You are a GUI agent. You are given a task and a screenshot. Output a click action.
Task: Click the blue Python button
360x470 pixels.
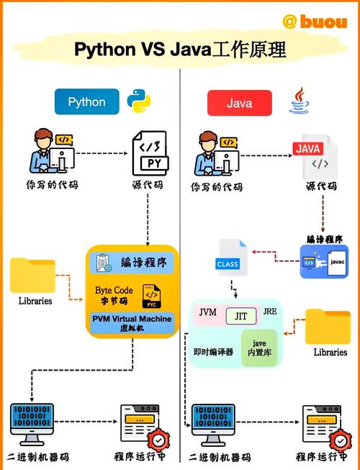click(86, 102)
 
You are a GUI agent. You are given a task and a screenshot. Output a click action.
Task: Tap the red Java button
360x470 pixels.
click(239, 103)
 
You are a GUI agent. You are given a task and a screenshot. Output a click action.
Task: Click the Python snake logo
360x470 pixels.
click(139, 102)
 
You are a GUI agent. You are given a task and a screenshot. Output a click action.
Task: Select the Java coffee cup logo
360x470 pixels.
click(300, 101)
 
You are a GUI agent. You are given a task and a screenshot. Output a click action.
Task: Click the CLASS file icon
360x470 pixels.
click(229, 261)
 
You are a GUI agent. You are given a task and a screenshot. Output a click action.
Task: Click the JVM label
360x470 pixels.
click(207, 312)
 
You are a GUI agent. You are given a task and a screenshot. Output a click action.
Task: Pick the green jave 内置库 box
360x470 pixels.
click(258, 348)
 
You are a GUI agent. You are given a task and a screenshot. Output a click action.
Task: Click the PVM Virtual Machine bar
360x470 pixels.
click(132, 322)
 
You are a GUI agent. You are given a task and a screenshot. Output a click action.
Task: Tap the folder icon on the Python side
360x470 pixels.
click(32, 275)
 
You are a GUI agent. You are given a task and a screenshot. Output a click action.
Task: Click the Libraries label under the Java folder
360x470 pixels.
click(330, 353)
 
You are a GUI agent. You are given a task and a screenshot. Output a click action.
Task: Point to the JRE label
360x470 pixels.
click(270, 311)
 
